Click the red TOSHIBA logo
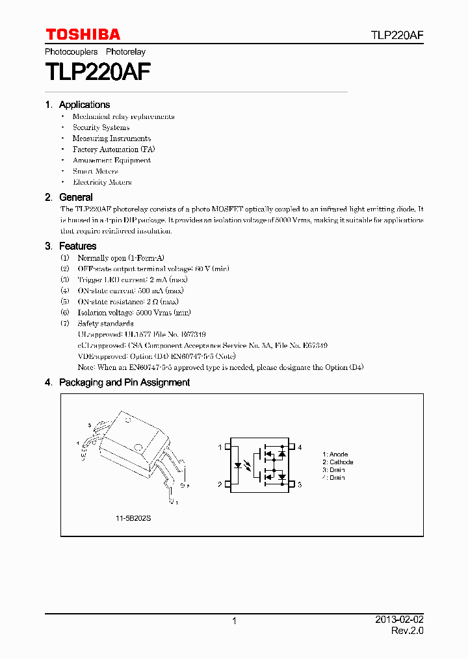point(83,34)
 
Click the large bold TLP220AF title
point(98,71)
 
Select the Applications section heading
point(84,105)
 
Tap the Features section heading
point(77,246)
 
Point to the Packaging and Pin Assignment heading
point(124,383)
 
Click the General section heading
point(75,197)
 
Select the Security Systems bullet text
point(101,127)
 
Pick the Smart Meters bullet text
point(96,171)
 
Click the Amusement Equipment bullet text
point(112,161)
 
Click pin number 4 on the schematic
point(300,447)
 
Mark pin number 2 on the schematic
point(220,484)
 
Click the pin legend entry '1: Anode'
point(335,454)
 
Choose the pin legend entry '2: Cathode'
point(338,462)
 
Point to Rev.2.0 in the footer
point(408,631)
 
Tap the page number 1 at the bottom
point(234,621)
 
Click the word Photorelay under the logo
point(125,51)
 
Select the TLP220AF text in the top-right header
point(398,35)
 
